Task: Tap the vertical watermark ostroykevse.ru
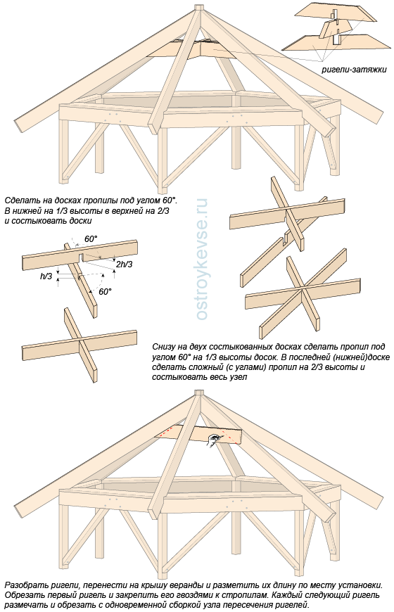pos(201,259)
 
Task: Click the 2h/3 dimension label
pos(124,264)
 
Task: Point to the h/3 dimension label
pos(46,276)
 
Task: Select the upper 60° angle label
pos(91,239)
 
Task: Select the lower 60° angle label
pos(105,291)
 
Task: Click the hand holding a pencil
pos(213,440)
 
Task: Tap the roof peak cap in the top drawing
pos(198,8)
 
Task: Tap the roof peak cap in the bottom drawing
pos(198,393)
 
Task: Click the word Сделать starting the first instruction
pos(19,201)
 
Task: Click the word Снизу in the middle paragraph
pos(163,347)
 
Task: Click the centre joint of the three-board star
pos(303,289)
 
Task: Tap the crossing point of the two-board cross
pos(80,340)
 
